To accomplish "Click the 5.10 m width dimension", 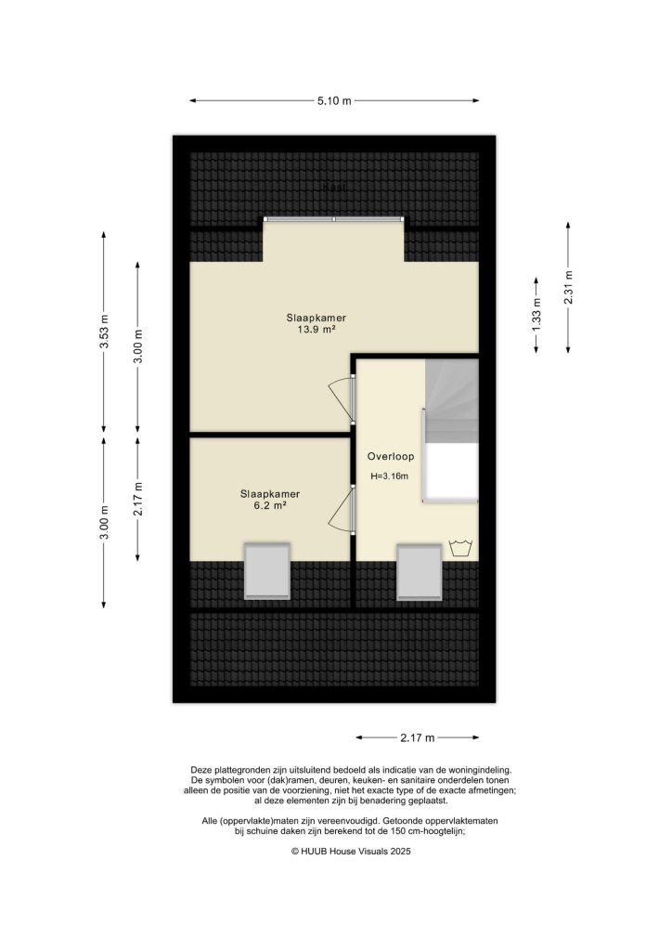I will pos(335,100).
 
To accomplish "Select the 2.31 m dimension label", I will pos(568,286).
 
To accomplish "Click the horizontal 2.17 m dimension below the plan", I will pos(417,738).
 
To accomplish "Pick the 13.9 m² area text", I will pos(316,330).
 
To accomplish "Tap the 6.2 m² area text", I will pos(269,506).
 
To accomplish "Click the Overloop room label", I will pos(390,457).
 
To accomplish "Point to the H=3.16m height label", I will pos(390,477).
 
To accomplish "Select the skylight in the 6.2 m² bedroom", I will pos(267,570).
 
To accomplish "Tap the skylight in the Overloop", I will pos(419,571).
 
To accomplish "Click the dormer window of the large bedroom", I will pos(334,219).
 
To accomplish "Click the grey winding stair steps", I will pos(452,399).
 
